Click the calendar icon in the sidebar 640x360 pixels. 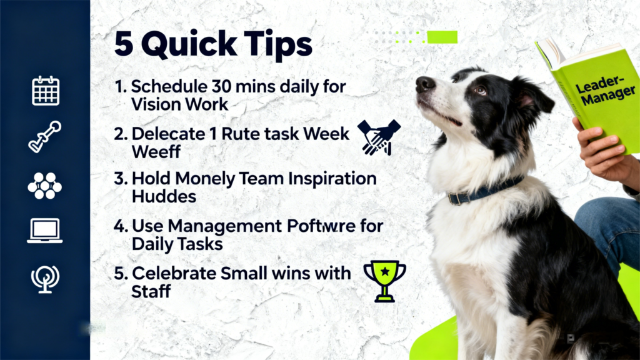point(45,91)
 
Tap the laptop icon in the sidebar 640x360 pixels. point(45,231)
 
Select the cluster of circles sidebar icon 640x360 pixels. point(45,185)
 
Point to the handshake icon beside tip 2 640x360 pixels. point(379,137)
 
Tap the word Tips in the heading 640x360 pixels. point(279,45)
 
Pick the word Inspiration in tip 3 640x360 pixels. point(331,179)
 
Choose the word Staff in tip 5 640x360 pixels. point(151,291)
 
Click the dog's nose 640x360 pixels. point(425,83)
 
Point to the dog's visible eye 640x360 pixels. point(480,90)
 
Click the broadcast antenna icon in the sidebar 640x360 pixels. point(45,277)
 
